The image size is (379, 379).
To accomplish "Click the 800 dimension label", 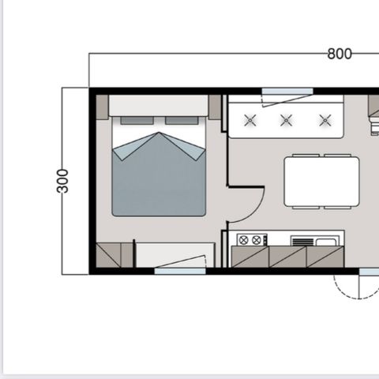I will (339, 54).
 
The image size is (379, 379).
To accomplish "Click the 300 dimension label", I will (63, 180).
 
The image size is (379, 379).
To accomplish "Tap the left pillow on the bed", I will (136, 121).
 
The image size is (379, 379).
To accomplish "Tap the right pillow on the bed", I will (182, 121).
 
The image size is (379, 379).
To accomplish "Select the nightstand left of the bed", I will (102, 107).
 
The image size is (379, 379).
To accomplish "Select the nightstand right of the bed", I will (215, 107).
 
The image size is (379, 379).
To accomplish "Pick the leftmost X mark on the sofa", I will (250, 120).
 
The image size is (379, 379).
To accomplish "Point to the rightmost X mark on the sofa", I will (325, 120).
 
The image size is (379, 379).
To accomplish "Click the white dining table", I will (321, 181).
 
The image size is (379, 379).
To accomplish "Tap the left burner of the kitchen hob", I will (243, 239).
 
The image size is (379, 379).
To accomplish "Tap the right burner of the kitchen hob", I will (257, 239).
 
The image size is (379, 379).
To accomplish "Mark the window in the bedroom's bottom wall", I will (180, 271).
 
